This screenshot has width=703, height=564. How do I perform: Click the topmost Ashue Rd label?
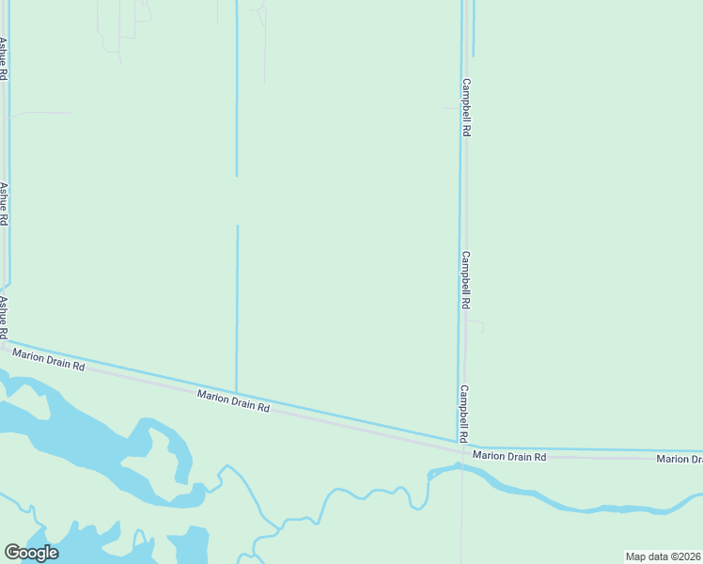pos(4,58)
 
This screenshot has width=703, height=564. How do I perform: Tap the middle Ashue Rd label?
pos(4,204)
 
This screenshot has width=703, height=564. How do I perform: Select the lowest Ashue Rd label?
pos(4,317)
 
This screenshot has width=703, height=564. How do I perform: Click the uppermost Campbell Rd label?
pos(465,107)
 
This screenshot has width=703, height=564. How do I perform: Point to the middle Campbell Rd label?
pos(465,280)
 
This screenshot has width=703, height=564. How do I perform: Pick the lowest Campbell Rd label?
pos(464,414)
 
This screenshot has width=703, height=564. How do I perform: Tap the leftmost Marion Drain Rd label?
pos(48,358)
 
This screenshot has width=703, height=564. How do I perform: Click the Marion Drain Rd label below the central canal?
pos(234,402)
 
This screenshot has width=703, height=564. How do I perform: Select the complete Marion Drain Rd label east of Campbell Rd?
pos(509,456)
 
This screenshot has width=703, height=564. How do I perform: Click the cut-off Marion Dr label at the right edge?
pos(679,458)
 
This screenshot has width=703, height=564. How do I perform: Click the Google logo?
pos(31,552)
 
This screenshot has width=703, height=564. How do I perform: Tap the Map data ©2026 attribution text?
pos(663,556)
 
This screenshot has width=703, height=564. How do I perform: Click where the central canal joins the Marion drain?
pos(236,392)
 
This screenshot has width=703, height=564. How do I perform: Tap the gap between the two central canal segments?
pos(237,200)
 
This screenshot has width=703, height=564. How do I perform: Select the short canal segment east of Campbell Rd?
pos(473,28)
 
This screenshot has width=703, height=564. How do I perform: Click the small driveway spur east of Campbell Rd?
pos(477,325)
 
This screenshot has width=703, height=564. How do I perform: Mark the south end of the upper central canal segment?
pos(237,175)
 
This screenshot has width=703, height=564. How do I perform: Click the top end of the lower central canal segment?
pos(237,227)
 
